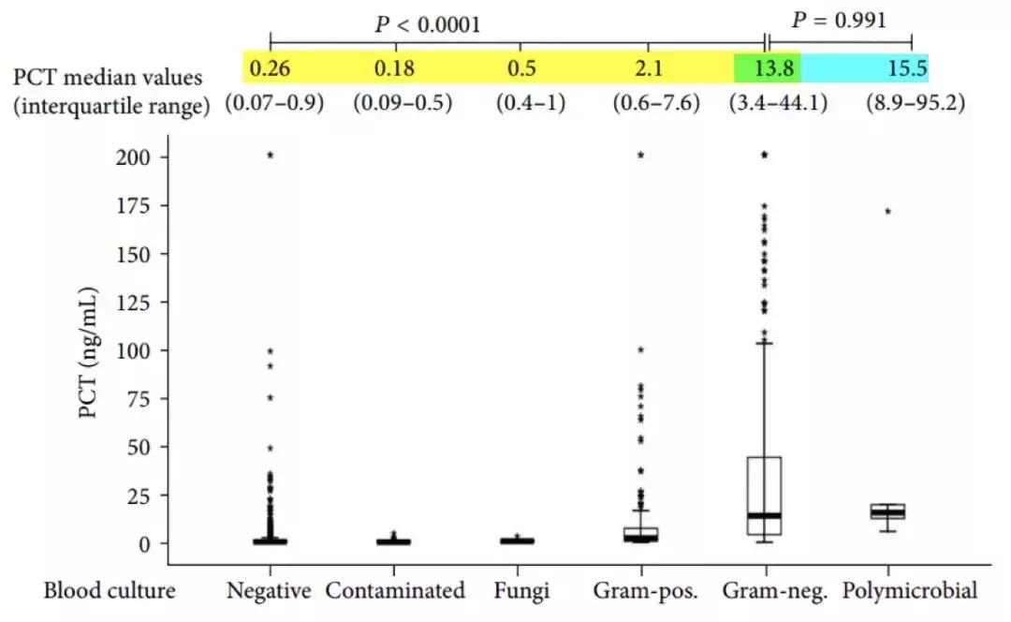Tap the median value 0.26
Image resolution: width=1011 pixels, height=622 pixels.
270,68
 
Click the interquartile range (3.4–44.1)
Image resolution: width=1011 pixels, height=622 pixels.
777,103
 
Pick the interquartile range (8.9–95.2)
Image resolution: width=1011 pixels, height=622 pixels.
916,103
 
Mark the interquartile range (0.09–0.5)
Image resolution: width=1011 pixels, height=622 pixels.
403,103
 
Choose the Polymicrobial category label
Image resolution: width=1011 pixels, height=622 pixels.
909,591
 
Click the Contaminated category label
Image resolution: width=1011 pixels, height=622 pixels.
395,591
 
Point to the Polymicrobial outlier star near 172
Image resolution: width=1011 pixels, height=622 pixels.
887,212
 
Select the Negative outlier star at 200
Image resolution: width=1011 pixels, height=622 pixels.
271,155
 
